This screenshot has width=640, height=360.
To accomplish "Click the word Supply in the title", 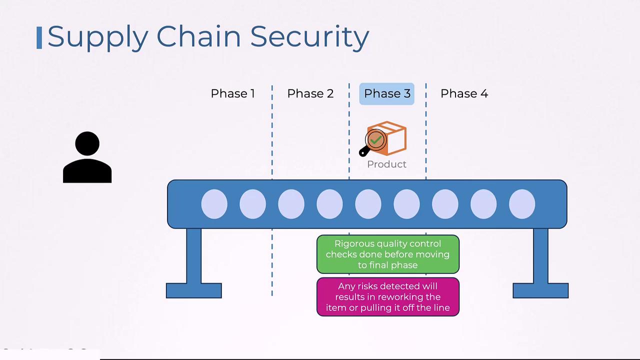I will click(x=97, y=37).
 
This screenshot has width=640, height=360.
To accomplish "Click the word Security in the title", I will click(x=309, y=37).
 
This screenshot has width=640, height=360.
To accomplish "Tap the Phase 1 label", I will click(x=232, y=93).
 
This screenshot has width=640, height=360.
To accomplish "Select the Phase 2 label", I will click(x=310, y=93).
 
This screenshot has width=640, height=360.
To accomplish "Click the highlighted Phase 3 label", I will click(x=387, y=93).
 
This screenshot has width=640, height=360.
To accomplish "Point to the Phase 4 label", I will click(x=464, y=93).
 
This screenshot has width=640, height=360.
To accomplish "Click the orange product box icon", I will click(x=393, y=137).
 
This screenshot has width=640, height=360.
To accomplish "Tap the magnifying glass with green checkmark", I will click(x=375, y=140).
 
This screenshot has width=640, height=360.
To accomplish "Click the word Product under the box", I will click(x=386, y=164).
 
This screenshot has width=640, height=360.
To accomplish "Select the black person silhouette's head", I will click(x=87, y=143).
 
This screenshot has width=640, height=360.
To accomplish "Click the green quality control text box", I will click(x=388, y=254).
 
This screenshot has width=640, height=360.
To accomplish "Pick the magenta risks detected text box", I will click(x=388, y=297).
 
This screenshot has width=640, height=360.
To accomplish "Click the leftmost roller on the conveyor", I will click(x=214, y=204).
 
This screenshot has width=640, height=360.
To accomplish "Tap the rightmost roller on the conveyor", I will click(x=522, y=204).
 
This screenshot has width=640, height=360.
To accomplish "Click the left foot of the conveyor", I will click(x=193, y=290).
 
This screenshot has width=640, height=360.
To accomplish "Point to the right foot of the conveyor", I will click(x=540, y=290).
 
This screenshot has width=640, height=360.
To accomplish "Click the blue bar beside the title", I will click(x=39, y=38).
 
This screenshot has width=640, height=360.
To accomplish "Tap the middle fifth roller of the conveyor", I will click(x=368, y=204).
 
